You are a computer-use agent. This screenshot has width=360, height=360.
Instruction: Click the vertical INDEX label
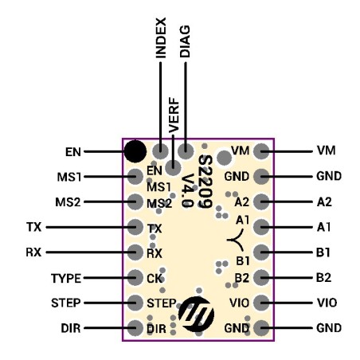pyautogui.click(x=161, y=38)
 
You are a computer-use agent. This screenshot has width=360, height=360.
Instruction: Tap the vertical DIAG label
pyautogui.click(x=185, y=41)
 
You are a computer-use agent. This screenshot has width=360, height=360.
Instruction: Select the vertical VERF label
pyautogui.click(x=174, y=115)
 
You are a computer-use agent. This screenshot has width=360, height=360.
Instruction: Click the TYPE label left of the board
pyautogui.click(x=66, y=278)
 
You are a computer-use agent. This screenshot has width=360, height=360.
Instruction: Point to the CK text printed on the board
pyautogui.click(x=155, y=279)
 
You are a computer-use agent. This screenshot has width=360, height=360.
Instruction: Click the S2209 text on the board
pyautogui.click(x=205, y=182)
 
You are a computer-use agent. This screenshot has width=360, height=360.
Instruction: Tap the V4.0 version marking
pyautogui.click(x=187, y=190)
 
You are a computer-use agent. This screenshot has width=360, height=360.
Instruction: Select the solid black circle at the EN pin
pyautogui.click(x=135, y=151)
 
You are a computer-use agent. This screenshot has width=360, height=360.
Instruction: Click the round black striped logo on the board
pyautogui.click(x=196, y=314)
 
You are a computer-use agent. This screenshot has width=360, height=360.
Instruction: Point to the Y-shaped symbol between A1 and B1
pyautogui.click(x=235, y=240)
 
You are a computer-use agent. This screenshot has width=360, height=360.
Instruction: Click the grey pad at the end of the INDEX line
pyautogui.click(x=160, y=151)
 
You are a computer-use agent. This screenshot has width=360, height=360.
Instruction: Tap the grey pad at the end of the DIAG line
pyautogui.click(x=186, y=151)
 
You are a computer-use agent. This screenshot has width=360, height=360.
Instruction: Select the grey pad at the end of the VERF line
pyautogui.click(x=173, y=168)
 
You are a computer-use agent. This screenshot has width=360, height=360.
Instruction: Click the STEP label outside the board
pyautogui.click(x=66, y=303)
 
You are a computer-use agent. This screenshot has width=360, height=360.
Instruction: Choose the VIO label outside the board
pyautogui.click(x=327, y=303)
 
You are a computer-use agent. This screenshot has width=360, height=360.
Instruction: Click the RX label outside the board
pyautogui.click(x=33, y=252)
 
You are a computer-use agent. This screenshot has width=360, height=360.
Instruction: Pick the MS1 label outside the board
pyautogui.click(x=69, y=177)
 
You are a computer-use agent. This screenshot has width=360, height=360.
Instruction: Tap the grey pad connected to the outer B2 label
pyautogui.click(x=261, y=277)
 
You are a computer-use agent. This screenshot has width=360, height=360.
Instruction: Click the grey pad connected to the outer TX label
pyautogui.click(x=135, y=227)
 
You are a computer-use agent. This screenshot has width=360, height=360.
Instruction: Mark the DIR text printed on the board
pyautogui.click(x=156, y=329)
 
